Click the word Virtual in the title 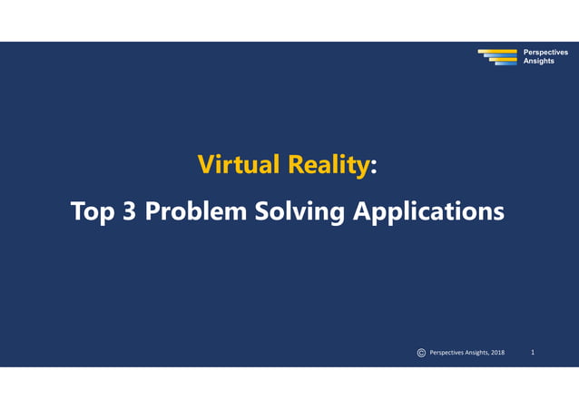pos(238,165)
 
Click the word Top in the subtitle pos(93,211)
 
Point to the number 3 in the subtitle pos(131,211)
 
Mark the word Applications pos(427,212)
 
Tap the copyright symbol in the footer pos(421,352)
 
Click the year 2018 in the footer pos(496,352)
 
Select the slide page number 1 pos(533,352)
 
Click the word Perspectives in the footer pos(448,352)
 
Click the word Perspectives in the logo pos(545,53)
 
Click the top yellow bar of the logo pos(497,51)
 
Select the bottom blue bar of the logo pos(505,63)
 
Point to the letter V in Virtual pos(205,165)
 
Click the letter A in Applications pos(360,211)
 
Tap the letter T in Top pos(78,211)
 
